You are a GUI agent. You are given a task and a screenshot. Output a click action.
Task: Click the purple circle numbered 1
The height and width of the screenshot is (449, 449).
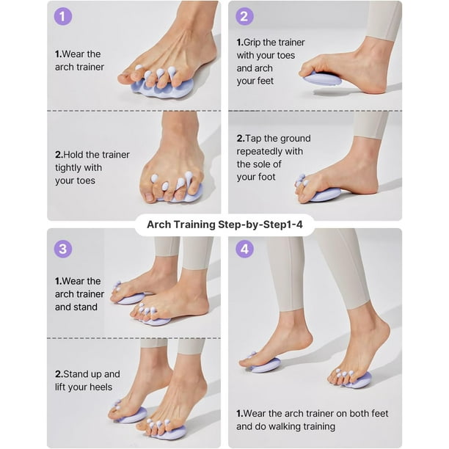pyautogui.click(x=62, y=16)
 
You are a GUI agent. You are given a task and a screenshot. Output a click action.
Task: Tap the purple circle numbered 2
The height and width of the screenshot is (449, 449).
pyautogui.click(x=244, y=16)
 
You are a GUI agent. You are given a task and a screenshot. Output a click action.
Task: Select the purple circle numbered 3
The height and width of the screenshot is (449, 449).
pyautogui.click(x=62, y=249)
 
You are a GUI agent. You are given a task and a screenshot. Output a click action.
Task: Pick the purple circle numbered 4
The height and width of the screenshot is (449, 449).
pyautogui.click(x=244, y=249)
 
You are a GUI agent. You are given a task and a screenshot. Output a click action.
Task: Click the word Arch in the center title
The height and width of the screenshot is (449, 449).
pyautogui.click(x=159, y=224)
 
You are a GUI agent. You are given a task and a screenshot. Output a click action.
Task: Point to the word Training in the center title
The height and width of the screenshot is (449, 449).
pyautogui.click(x=194, y=225)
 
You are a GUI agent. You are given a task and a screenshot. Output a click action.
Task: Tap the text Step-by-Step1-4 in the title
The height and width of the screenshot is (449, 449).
pyautogui.click(x=260, y=225)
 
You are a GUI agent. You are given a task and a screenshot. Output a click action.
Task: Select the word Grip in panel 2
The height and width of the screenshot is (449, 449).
pyautogui.click(x=252, y=43)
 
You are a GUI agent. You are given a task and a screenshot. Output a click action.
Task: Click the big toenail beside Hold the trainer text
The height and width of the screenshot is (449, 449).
pyautogui.click(x=150, y=197)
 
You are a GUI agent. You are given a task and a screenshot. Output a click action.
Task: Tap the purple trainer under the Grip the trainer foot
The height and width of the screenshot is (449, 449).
pyautogui.click(x=323, y=79)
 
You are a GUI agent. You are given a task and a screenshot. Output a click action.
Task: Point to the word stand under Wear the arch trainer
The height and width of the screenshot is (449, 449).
pyautogui.click(x=84, y=307)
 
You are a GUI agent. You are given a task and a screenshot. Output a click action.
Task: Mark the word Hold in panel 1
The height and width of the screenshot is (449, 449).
pyautogui.click(x=72, y=155)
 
